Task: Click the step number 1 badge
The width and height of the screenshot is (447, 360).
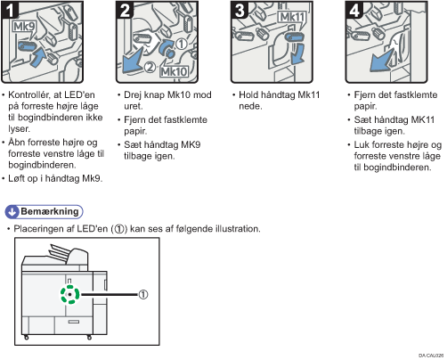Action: [10, 10]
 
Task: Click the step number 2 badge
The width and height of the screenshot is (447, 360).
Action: [125, 10]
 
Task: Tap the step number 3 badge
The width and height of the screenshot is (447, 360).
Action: [240, 10]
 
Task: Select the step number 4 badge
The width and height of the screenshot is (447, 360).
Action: [354, 10]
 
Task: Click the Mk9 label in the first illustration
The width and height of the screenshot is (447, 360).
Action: [24, 27]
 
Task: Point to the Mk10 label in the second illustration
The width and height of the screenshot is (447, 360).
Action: [174, 71]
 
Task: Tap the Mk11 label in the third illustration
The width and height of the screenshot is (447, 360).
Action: [291, 17]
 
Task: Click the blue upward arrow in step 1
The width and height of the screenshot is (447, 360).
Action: [38, 58]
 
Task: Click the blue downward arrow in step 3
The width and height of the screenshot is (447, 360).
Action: [297, 53]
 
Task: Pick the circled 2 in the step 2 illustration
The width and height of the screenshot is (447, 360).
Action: [150, 68]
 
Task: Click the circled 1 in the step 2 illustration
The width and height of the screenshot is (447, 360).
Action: [182, 44]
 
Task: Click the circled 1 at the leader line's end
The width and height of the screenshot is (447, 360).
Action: [143, 294]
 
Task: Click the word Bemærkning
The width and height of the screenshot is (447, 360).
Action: [50, 211]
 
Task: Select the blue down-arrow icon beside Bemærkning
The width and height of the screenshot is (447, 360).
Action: [12, 212]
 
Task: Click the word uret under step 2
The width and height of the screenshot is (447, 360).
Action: [134, 106]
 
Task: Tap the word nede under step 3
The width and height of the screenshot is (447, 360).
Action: [250, 106]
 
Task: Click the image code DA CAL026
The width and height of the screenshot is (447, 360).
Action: [431, 356]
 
